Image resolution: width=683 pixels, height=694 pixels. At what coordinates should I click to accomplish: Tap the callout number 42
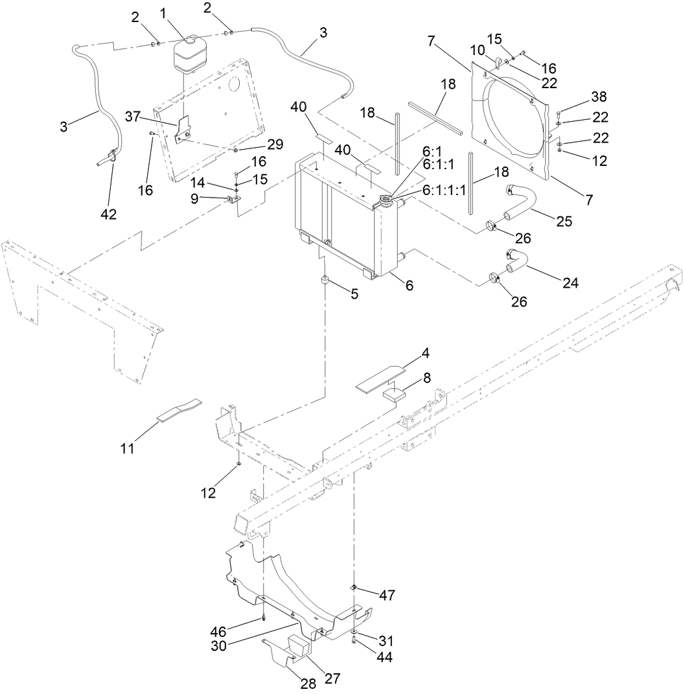(x=109, y=214)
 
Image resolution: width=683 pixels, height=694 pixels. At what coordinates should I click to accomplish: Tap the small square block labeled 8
(x=395, y=393)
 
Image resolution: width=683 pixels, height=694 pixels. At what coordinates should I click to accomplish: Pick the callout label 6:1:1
(x=439, y=165)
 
